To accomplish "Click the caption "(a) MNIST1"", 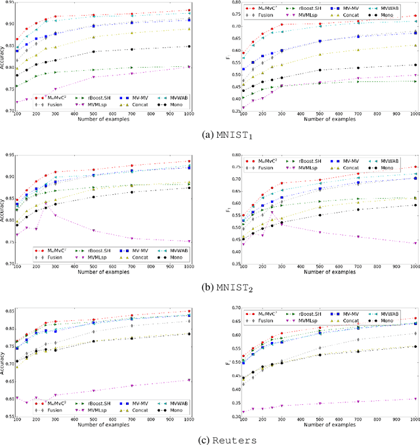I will [209, 136].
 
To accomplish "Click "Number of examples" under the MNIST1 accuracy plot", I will [104, 119].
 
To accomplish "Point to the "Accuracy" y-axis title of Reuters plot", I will [5, 360].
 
